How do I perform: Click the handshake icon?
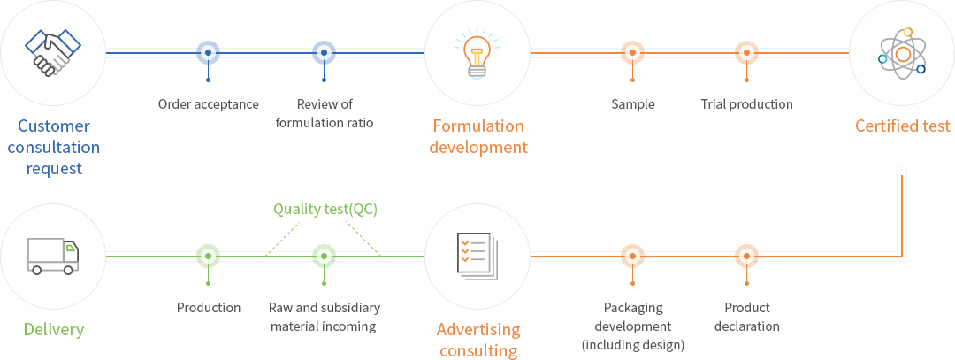[x=52, y=52]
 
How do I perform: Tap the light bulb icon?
[x=477, y=52]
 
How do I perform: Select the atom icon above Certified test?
[x=901, y=52]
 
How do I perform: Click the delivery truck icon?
[x=52, y=256]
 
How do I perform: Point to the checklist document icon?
[x=477, y=256]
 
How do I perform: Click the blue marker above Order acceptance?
[x=208, y=53]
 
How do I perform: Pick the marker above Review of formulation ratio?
[x=325, y=53]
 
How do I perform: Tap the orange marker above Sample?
[x=632, y=53]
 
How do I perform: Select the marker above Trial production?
[x=747, y=53]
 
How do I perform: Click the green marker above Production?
[x=208, y=257]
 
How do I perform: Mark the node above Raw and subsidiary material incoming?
[x=325, y=257]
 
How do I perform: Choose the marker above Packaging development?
[x=632, y=257]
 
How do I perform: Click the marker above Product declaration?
[x=747, y=257]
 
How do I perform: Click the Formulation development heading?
[x=478, y=136]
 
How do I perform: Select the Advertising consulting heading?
[x=478, y=340]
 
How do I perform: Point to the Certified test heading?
[x=902, y=126]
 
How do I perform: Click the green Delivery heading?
[x=54, y=330]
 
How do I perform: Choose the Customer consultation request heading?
[x=54, y=147]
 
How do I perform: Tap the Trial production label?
[x=746, y=104]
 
